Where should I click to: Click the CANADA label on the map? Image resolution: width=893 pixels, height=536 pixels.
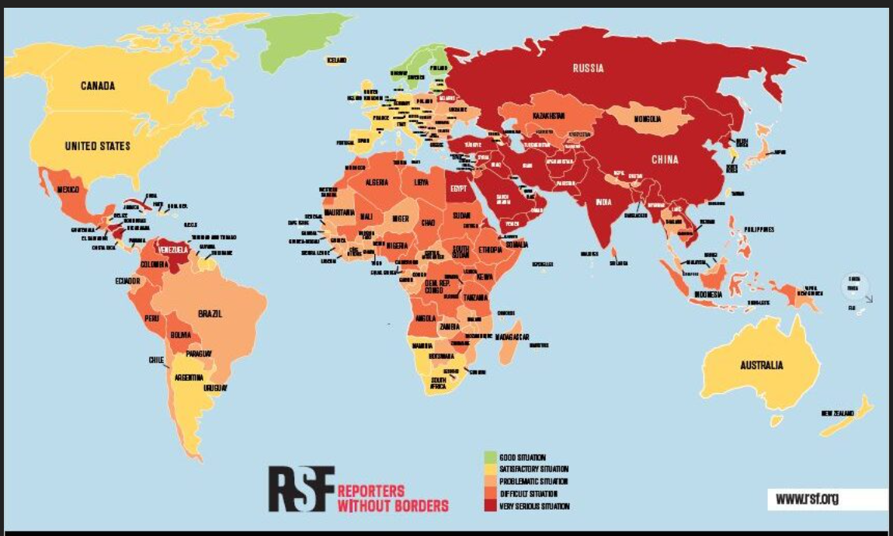point(98,85)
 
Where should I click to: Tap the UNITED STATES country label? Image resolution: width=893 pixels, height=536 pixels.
point(98,146)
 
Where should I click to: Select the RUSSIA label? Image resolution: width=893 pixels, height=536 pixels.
point(588,68)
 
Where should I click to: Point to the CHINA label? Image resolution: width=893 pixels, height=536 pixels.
point(665,160)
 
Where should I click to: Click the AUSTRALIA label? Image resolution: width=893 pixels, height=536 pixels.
point(761,365)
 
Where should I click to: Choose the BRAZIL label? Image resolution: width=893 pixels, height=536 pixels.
point(210,314)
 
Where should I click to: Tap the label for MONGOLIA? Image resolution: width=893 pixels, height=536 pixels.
point(646,120)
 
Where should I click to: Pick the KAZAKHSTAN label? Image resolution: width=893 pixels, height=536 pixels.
point(552,116)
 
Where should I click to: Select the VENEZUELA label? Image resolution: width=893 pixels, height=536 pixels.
point(173,250)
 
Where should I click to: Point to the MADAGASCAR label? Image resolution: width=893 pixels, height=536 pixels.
point(512,337)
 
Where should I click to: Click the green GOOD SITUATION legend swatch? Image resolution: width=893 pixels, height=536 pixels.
point(490,457)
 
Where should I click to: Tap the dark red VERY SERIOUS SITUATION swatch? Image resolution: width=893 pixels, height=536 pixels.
point(490,506)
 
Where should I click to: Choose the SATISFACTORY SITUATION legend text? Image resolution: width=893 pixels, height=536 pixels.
point(534,469)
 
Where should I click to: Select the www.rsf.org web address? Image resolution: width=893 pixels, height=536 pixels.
point(807,499)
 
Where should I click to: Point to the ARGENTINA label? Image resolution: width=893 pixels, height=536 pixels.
point(189,378)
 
